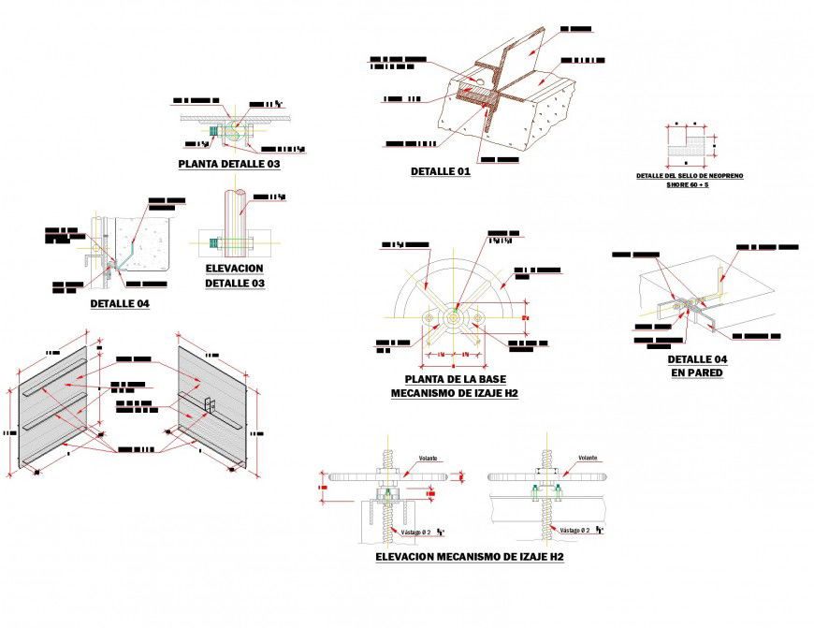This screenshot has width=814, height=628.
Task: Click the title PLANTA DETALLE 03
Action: [x=229, y=164]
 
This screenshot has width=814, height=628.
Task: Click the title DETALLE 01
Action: [x=440, y=171]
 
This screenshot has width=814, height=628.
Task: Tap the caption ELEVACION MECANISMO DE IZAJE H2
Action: [x=469, y=557]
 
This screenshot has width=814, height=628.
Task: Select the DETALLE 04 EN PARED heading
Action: [x=697, y=366]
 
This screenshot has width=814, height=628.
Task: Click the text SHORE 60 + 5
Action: [x=687, y=185]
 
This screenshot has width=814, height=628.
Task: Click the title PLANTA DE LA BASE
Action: [x=454, y=379]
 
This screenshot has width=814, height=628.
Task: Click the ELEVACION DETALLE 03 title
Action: [x=235, y=275]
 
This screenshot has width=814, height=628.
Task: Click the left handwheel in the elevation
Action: [x=385, y=476]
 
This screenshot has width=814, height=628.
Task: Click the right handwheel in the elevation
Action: [x=547, y=476]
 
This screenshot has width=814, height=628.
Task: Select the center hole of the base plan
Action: [x=454, y=318]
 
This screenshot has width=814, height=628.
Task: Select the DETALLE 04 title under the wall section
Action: [x=120, y=303]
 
